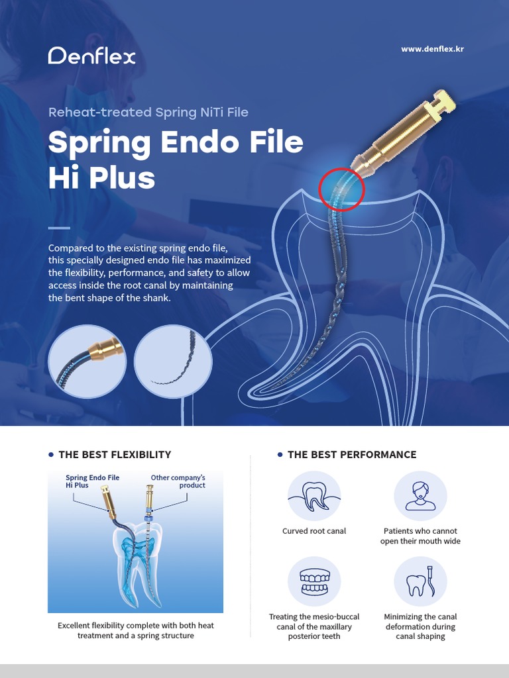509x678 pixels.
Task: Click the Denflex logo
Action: [91, 56]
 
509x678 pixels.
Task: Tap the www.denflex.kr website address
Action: [432, 49]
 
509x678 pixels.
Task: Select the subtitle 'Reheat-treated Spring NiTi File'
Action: [148, 112]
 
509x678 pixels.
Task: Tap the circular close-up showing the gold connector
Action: [87, 362]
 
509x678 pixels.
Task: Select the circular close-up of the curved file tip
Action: [173, 362]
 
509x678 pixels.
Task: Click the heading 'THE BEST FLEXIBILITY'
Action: [115, 455]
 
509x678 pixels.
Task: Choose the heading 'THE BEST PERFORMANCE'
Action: [352, 455]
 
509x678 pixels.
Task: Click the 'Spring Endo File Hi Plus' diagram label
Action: [92, 481]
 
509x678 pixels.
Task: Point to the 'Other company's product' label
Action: [178, 481]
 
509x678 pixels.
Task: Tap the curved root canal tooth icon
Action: [314, 496]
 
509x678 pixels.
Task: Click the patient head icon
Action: [420, 496]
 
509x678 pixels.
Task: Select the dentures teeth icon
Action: [314, 582]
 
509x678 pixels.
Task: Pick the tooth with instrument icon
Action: [420, 582]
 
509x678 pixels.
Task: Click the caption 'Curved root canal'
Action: [314, 531]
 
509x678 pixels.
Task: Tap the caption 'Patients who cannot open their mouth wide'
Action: [420, 536]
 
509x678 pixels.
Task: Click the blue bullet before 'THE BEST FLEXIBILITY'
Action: [52, 455]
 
